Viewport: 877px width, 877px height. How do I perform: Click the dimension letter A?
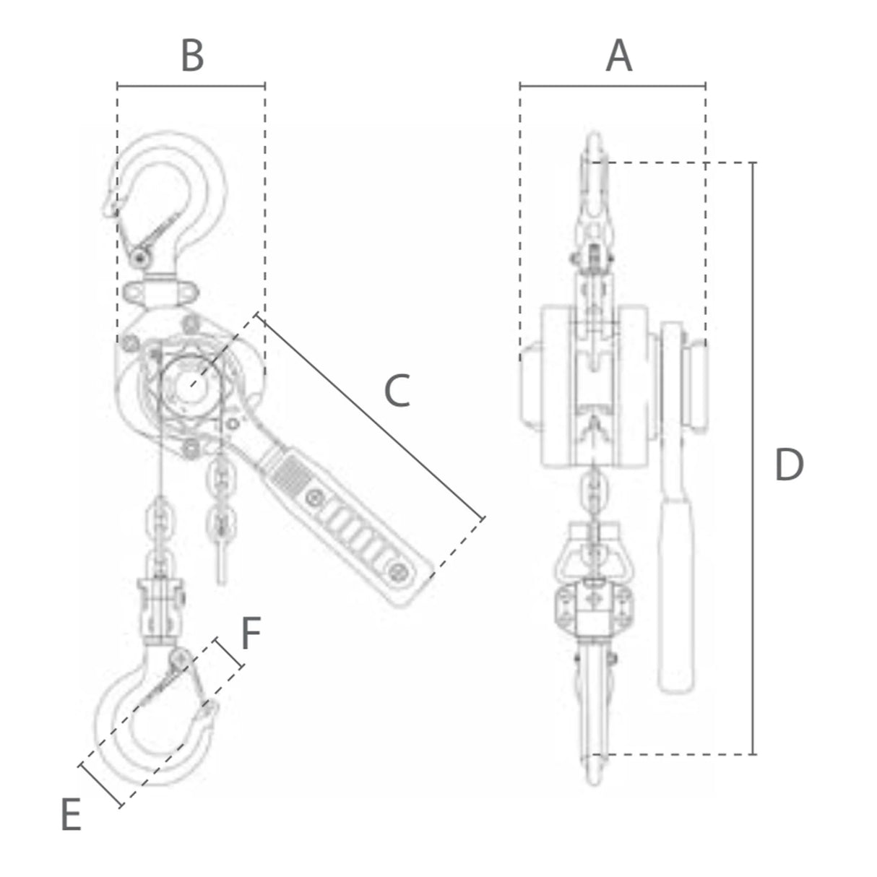(618, 56)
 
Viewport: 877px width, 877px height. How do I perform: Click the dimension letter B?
(192, 56)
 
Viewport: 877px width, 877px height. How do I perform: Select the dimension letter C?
(397, 390)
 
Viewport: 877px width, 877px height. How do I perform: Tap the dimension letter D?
(790, 464)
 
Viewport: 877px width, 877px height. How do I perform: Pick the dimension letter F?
(251, 634)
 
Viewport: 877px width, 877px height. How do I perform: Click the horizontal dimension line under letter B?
(191, 85)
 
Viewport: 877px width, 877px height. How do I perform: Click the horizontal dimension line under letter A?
(613, 85)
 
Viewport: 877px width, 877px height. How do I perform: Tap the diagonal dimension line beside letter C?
(371, 415)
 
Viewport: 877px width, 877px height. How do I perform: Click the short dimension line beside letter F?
(230, 652)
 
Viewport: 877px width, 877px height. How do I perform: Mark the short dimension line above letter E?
(101, 785)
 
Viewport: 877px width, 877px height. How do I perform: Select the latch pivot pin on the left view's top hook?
(140, 259)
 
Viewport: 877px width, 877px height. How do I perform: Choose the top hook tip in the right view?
(594, 138)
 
